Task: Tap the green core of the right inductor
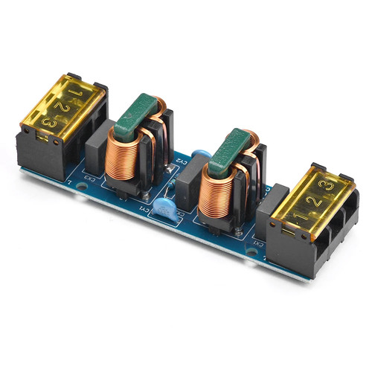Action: coord(230,149)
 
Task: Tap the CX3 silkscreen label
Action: coord(89,179)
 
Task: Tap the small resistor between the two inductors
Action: coord(173,170)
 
